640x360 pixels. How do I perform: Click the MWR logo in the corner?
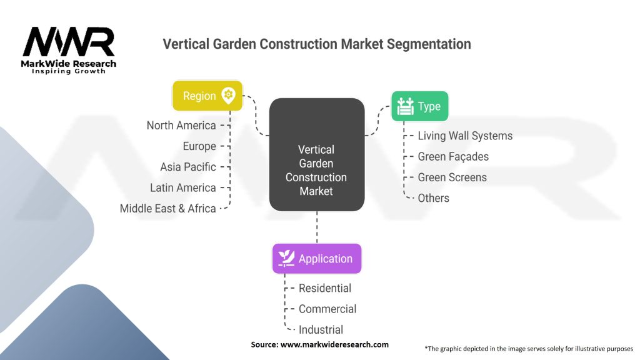[69, 50]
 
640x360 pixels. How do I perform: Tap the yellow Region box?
[207, 96]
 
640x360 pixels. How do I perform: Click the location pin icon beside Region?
[228, 96]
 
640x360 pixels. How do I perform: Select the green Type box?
[419, 106]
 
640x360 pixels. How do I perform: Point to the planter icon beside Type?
[405, 106]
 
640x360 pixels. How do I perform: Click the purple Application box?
[317, 259]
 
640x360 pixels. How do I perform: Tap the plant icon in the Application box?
[286, 258]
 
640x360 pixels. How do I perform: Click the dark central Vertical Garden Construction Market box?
[317, 155]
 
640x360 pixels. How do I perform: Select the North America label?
[181, 125]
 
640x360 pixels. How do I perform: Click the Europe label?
[199, 146]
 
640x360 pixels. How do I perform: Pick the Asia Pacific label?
[187, 167]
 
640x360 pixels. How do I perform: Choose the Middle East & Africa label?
[167, 209]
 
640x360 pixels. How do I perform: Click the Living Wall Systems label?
[465, 136]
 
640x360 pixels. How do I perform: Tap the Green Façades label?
[453, 157]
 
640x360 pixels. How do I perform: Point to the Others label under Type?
[434, 198]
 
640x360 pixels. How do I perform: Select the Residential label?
[325, 288]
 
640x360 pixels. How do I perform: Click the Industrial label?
[321, 330]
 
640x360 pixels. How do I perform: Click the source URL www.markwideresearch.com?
[335, 344]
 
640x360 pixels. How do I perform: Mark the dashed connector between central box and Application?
[317, 227]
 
